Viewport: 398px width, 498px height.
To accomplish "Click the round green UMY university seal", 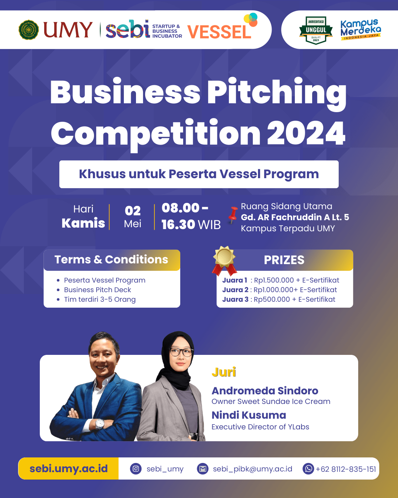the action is coord(29,30).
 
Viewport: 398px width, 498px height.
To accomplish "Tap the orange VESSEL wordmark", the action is coord(219,32).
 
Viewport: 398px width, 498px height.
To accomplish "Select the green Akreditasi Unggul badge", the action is coord(316,30).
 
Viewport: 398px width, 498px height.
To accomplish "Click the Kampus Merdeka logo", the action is coord(360,30).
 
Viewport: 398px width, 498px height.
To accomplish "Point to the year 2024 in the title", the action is coord(306,134).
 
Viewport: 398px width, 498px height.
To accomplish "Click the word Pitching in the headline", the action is coord(277,94).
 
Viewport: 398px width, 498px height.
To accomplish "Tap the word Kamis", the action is coord(83,223).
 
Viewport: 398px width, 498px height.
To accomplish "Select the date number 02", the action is coord(133,211).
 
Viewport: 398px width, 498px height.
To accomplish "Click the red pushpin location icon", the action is coord(233,215).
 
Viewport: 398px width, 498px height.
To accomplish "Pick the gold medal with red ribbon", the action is coord(224,260).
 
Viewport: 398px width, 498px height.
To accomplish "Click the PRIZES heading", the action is coord(284,260).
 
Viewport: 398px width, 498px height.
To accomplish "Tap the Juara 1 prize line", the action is coord(280,280).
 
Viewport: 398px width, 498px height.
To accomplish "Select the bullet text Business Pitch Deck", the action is coord(97,290).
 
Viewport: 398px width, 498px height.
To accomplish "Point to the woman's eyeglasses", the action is coord(181,352).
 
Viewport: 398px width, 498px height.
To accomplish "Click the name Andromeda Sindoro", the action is coord(265,391).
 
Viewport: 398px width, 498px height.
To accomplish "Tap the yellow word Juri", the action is coord(224,372).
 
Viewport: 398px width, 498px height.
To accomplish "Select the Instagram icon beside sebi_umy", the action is coord(136,469).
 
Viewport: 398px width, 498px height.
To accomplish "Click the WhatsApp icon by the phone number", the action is coord(308,469).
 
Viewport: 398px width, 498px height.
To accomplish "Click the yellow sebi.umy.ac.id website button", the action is coord(69,468).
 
